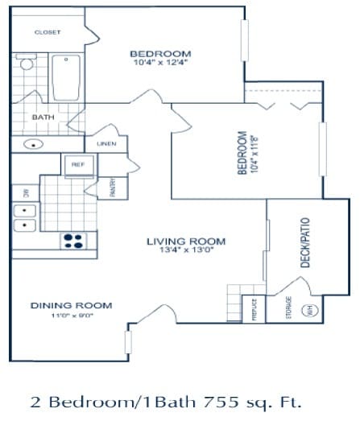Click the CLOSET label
(x=48, y=32)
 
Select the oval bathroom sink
(x=35, y=146)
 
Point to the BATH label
(x=42, y=118)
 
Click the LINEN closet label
(x=106, y=144)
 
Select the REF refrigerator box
(x=78, y=164)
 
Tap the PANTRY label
(x=113, y=187)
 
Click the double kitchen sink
(x=24, y=217)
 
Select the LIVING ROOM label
(x=185, y=241)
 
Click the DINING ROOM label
(x=71, y=305)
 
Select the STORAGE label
(x=289, y=309)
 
